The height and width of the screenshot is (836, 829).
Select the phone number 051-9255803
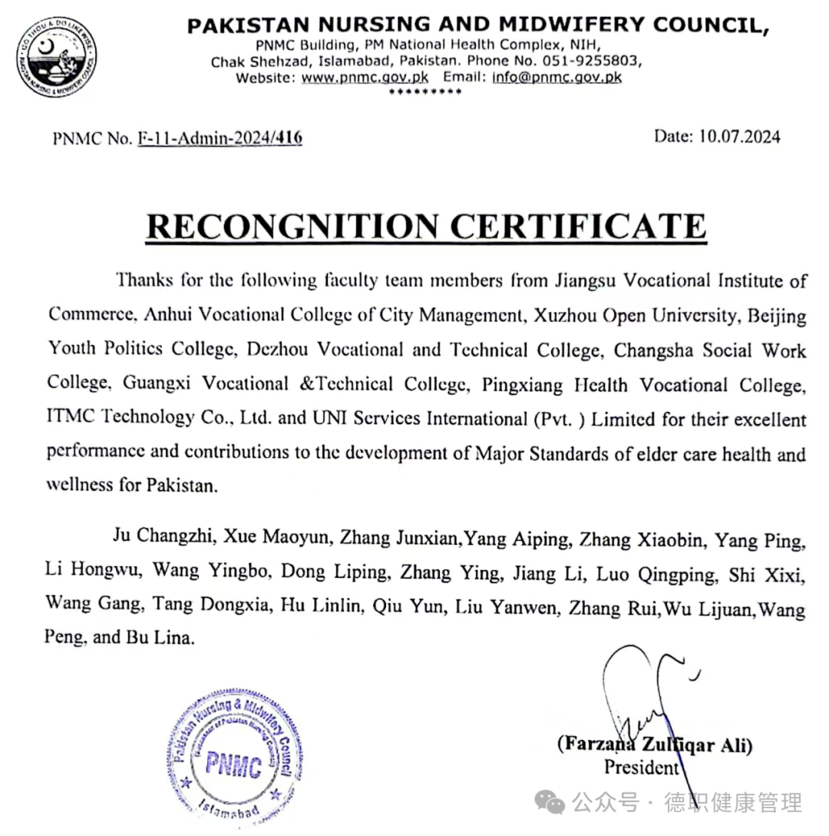tap(596, 61)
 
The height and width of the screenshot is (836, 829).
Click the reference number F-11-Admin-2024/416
tap(220, 138)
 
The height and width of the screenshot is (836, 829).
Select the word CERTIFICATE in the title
tap(577, 227)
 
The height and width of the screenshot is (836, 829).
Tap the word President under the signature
tap(641, 767)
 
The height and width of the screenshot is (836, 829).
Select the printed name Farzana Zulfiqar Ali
tap(655, 744)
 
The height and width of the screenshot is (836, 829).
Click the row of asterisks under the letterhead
tap(425, 92)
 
